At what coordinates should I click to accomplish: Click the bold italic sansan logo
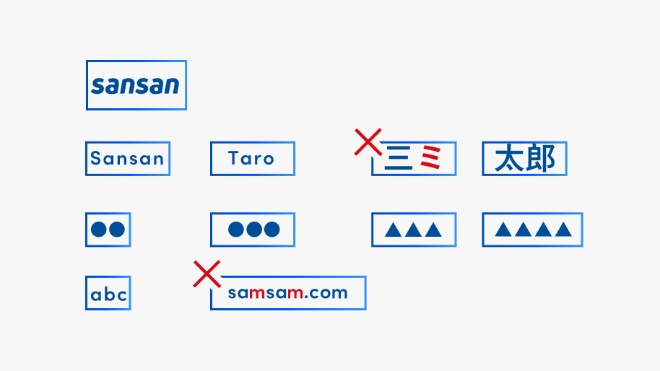(x=135, y=85)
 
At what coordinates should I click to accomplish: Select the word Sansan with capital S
(x=127, y=159)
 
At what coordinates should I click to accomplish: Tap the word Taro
(x=251, y=159)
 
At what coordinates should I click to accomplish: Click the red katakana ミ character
(x=431, y=157)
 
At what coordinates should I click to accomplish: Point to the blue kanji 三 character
(x=398, y=158)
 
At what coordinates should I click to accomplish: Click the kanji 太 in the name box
(x=508, y=159)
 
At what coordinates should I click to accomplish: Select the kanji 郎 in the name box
(x=539, y=159)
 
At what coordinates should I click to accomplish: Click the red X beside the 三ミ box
(x=368, y=142)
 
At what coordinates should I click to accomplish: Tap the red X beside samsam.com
(x=207, y=274)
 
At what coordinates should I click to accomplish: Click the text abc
(x=108, y=294)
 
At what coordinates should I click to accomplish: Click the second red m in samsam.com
(x=295, y=293)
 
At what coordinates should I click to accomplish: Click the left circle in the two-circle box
(x=99, y=230)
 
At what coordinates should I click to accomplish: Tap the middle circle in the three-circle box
(x=253, y=230)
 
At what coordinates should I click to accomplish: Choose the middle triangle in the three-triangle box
(x=413, y=230)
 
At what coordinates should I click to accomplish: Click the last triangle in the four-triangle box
(x=563, y=230)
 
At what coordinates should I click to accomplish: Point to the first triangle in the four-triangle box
(x=503, y=230)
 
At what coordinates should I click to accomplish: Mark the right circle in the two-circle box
(x=117, y=230)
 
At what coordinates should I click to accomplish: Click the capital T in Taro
(x=234, y=158)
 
